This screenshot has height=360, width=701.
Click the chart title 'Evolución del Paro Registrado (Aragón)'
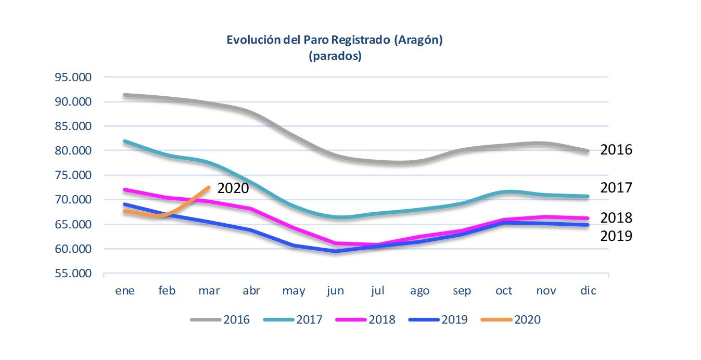[x=334, y=40]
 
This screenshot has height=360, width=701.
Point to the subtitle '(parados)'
[x=335, y=56]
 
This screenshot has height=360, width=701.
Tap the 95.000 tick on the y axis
[x=73, y=78]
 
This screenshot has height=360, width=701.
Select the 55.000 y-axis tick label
[x=73, y=274]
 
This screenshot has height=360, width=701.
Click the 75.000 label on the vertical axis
[x=73, y=175]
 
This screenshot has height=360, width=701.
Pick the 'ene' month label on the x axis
[x=125, y=291]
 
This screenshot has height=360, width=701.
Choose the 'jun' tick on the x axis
[x=336, y=291]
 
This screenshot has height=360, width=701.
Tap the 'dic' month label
[x=588, y=291]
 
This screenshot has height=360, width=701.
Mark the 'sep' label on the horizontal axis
[x=461, y=291]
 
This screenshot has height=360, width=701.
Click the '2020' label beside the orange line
[x=233, y=188]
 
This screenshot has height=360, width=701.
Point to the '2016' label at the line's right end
[x=616, y=150]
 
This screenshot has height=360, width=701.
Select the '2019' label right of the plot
[x=616, y=236]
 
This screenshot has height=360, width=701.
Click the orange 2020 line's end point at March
[x=209, y=187]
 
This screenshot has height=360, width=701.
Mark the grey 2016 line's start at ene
[x=125, y=95]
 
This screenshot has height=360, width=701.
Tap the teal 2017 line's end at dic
[x=588, y=196]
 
